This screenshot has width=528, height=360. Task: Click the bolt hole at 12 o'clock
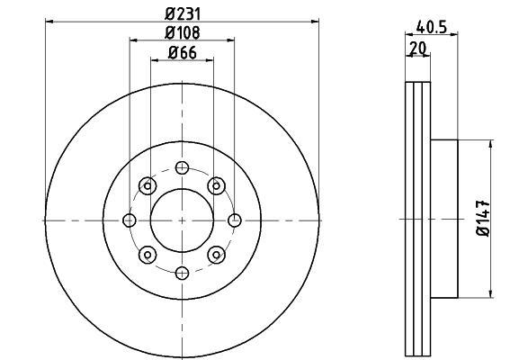click(x=182, y=167)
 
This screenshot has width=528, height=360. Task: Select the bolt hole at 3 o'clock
click(x=236, y=220)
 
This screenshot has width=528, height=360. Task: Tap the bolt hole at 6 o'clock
click(x=182, y=274)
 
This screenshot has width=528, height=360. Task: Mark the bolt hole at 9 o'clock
click(x=129, y=220)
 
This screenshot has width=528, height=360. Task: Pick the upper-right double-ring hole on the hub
click(x=215, y=185)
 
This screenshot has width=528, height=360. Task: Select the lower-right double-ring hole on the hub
click(x=215, y=256)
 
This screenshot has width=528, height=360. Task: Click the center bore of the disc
click(x=182, y=220)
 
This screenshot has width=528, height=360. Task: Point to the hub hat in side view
click(x=446, y=220)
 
